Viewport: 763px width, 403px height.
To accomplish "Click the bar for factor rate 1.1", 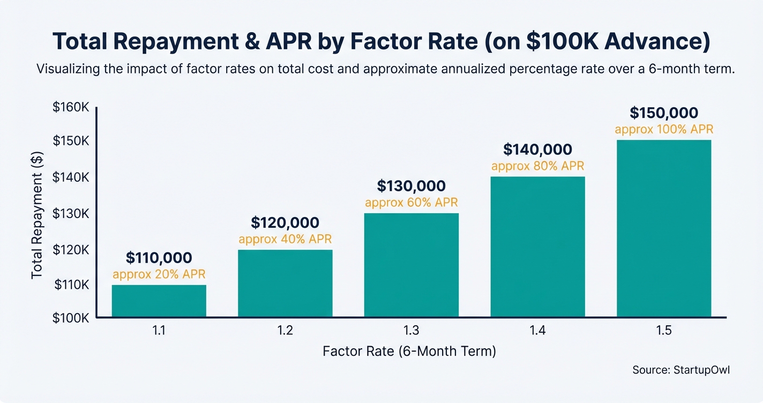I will [x=159, y=301].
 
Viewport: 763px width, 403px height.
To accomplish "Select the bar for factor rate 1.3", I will [x=411, y=265].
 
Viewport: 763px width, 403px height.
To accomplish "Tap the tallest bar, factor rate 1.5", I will [x=664, y=228].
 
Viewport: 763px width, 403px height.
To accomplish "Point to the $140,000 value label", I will [x=537, y=150].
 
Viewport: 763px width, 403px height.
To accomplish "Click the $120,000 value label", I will [x=285, y=222].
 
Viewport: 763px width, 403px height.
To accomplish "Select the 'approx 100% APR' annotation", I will [x=664, y=129].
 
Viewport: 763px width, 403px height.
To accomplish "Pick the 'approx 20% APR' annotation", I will [x=159, y=274].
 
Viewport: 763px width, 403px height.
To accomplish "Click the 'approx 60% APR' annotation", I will [x=411, y=203].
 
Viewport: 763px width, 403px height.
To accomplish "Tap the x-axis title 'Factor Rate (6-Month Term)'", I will [x=409, y=352].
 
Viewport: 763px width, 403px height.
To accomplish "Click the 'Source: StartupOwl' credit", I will [x=680, y=370].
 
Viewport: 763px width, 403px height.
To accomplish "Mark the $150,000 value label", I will [x=664, y=113].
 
